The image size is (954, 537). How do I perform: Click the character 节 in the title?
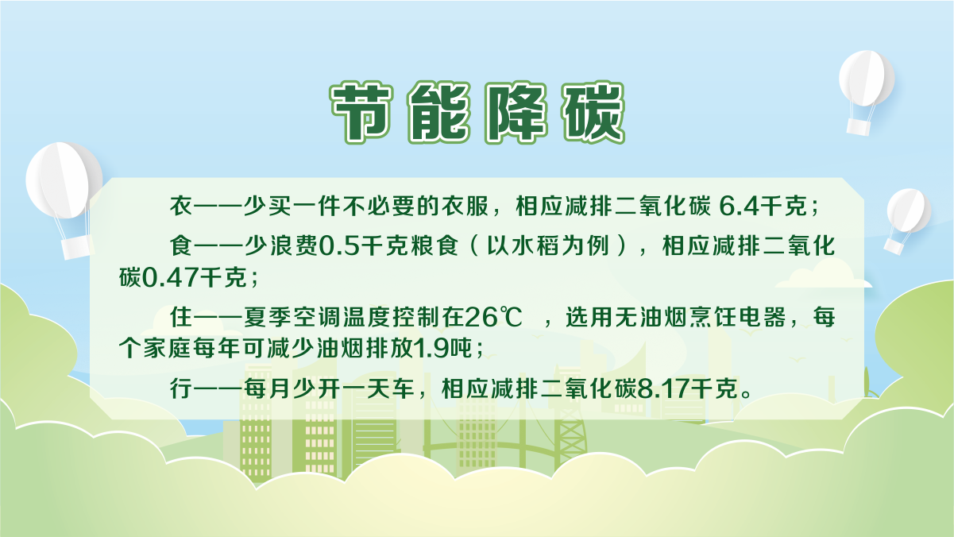coord(361,112)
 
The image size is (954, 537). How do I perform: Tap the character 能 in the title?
coord(439,112)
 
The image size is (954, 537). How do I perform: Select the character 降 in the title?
coord(516,112)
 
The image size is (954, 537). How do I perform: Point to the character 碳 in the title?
coord(593,112)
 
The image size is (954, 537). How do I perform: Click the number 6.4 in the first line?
coord(739,207)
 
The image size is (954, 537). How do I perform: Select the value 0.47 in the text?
coord(169,278)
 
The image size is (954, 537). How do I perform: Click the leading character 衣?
coord(181,207)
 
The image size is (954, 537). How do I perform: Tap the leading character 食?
coord(181,246)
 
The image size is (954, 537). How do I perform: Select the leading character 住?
coord(181,317)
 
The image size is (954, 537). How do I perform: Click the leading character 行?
coord(181,388)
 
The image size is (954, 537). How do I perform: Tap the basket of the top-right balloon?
coord(858,127)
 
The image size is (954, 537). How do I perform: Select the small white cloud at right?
coord(823,274)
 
